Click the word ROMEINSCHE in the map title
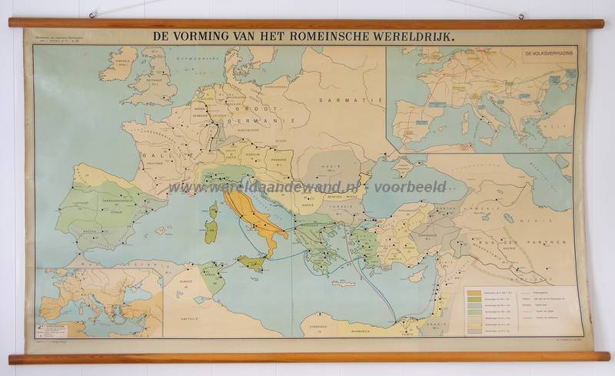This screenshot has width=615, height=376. [322, 35]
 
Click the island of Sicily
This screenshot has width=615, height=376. [251, 262]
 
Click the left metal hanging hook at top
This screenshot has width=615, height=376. [92, 15]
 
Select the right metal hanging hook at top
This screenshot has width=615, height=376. [520, 15]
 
